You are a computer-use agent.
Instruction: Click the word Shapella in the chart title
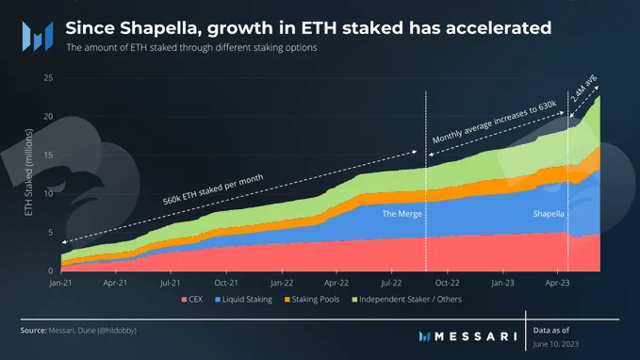pos(161,28)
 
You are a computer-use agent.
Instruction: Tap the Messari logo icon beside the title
pos(38,37)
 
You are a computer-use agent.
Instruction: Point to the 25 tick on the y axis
pos(48,77)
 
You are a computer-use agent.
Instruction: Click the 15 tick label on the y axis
pos(48,155)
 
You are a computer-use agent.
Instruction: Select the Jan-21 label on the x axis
pos(60,283)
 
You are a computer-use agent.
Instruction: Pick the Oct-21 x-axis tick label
pos(226,283)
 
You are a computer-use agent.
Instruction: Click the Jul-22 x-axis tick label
pos(391,283)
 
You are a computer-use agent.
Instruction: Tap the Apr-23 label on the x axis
pos(557,283)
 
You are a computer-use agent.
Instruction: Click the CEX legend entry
pos(192,300)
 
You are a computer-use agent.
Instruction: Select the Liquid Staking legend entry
pos(244,300)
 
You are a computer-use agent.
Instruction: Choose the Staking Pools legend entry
pos(312,300)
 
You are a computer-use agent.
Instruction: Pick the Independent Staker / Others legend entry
pos(407,300)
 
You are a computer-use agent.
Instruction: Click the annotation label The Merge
pos(402,214)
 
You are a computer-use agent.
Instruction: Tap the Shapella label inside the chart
pos(549,214)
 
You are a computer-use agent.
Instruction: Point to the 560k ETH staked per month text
pos(213,189)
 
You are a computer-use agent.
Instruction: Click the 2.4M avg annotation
pos(584,89)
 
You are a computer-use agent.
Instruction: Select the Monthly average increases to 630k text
pos(494,122)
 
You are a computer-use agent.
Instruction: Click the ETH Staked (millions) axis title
pos(28,172)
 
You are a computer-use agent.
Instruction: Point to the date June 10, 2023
pos(556,344)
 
